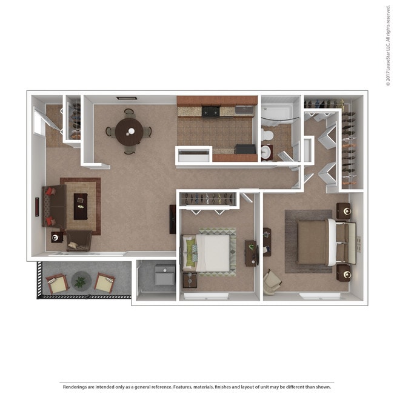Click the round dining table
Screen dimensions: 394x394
(x=129, y=131)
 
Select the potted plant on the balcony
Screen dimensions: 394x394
(x=80, y=281)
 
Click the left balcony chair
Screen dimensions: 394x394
(x=58, y=283)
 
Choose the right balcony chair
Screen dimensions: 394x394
(x=104, y=282)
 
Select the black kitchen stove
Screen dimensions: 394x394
(x=211, y=111)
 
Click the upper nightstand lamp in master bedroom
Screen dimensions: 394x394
(x=347, y=211)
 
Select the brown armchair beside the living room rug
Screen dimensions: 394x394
(x=79, y=241)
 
